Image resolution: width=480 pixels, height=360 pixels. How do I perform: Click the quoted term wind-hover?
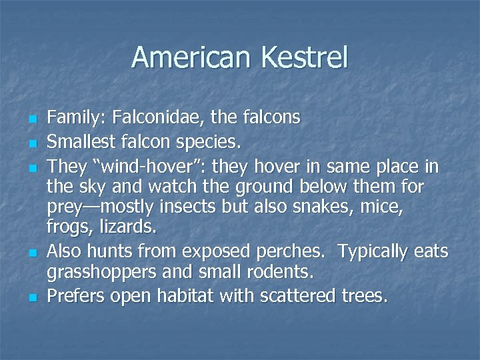coord(139,165)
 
